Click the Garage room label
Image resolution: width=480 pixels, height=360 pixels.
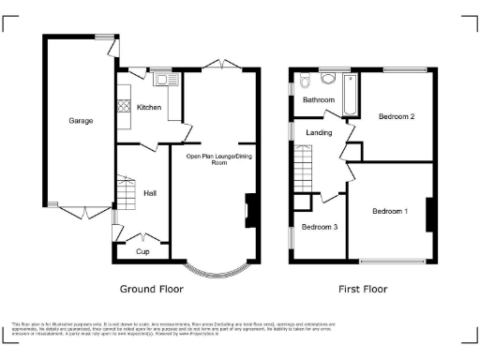(x=80, y=121)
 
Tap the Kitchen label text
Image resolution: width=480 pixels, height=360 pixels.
(x=149, y=108)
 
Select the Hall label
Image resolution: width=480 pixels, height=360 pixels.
(x=150, y=193)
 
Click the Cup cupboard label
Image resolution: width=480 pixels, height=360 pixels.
(x=142, y=251)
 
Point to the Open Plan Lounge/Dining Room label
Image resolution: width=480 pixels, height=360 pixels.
(x=219, y=159)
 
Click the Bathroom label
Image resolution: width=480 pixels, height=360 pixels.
(x=319, y=99)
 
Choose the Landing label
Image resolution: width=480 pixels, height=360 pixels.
(x=320, y=133)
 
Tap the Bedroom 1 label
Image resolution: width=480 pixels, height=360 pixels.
(x=390, y=211)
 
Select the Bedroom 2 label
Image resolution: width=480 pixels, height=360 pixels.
(x=397, y=116)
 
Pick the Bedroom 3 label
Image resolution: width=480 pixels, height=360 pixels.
(x=320, y=227)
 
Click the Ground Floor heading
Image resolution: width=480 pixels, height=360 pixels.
(x=151, y=290)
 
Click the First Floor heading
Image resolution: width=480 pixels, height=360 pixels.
(x=363, y=290)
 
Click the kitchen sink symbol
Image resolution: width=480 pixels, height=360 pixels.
(x=164, y=80)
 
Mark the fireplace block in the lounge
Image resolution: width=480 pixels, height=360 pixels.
(x=251, y=209)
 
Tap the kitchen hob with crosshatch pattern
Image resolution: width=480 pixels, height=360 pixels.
(x=121, y=106)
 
